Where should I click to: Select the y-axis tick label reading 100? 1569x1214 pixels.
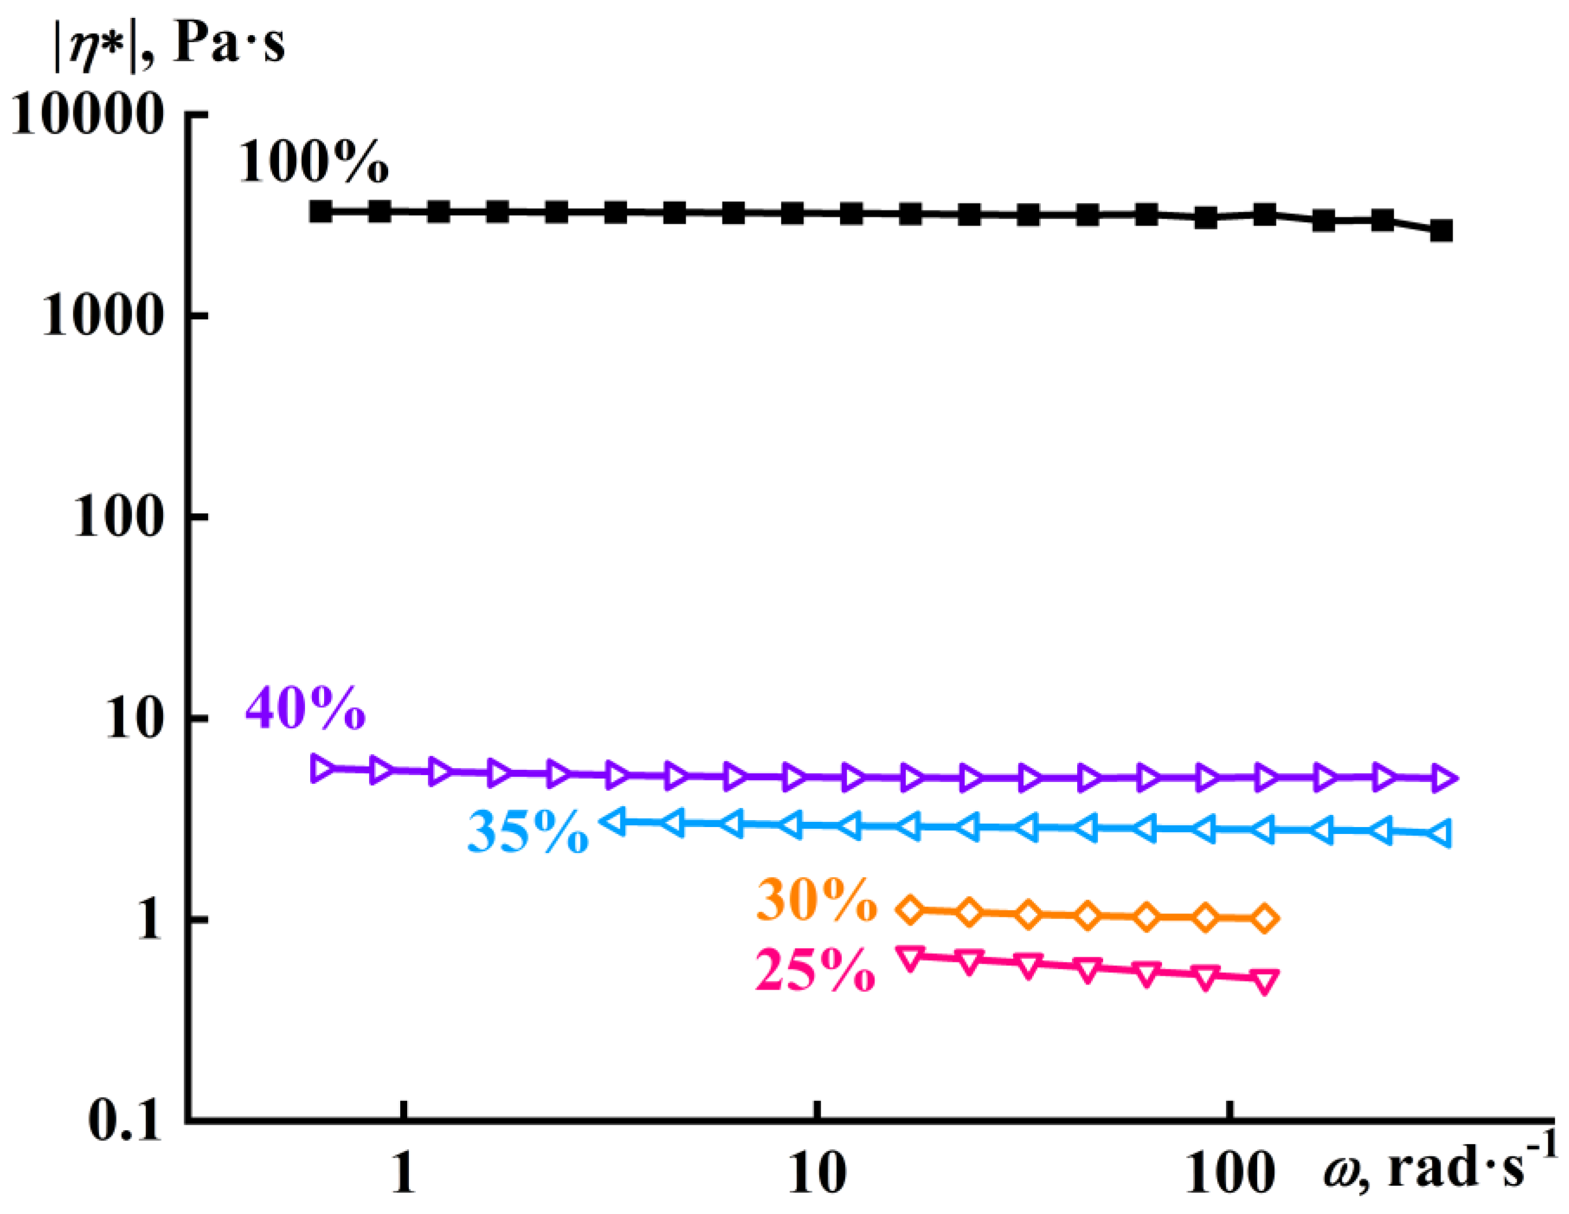coord(118,518)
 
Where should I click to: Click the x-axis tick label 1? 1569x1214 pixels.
coord(404,1174)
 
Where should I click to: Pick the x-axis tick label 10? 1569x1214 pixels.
coord(817,1174)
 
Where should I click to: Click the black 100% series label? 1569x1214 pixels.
coord(313,161)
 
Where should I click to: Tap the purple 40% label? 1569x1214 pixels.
coord(305,708)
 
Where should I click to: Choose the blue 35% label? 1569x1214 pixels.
coord(528,832)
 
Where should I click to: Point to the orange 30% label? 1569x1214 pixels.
coord(817,900)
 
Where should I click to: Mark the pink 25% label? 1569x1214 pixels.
coord(815,971)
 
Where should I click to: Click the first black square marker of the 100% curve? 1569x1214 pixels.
coord(321,211)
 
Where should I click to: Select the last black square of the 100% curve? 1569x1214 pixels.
coord(1441,231)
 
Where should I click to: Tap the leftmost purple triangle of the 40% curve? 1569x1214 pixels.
coord(321,769)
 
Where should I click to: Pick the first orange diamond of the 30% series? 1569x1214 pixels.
coord(911,910)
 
